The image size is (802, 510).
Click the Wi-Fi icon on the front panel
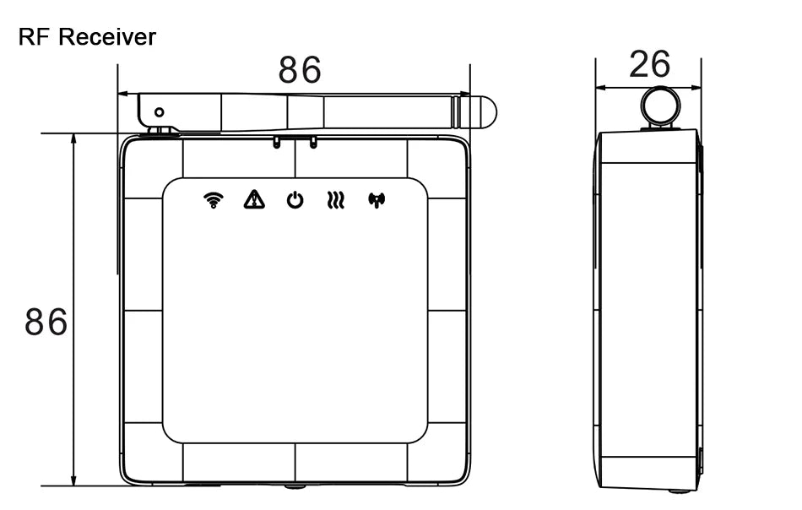click(214, 200)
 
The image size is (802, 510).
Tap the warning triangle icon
click(254, 199)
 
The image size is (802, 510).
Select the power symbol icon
click(295, 200)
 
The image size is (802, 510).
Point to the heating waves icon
click(335, 200)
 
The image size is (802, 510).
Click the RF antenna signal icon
click(377, 200)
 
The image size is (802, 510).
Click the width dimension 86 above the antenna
click(300, 69)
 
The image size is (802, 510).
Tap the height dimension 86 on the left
click(46, 322)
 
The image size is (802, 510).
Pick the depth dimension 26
click(649, 64)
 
